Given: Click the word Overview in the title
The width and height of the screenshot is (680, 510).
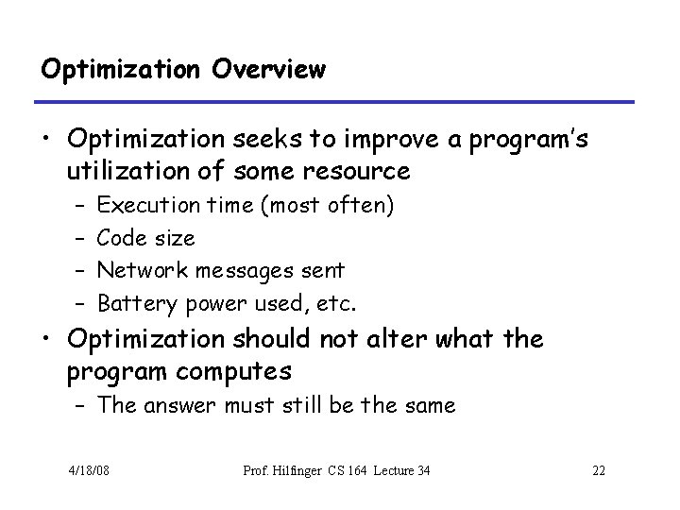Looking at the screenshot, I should coord(268,69).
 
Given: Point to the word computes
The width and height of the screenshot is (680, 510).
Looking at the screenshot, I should coord(235,371).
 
